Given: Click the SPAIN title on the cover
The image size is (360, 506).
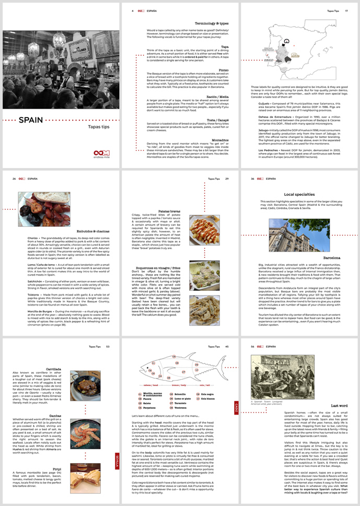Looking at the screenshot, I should point(35,120).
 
